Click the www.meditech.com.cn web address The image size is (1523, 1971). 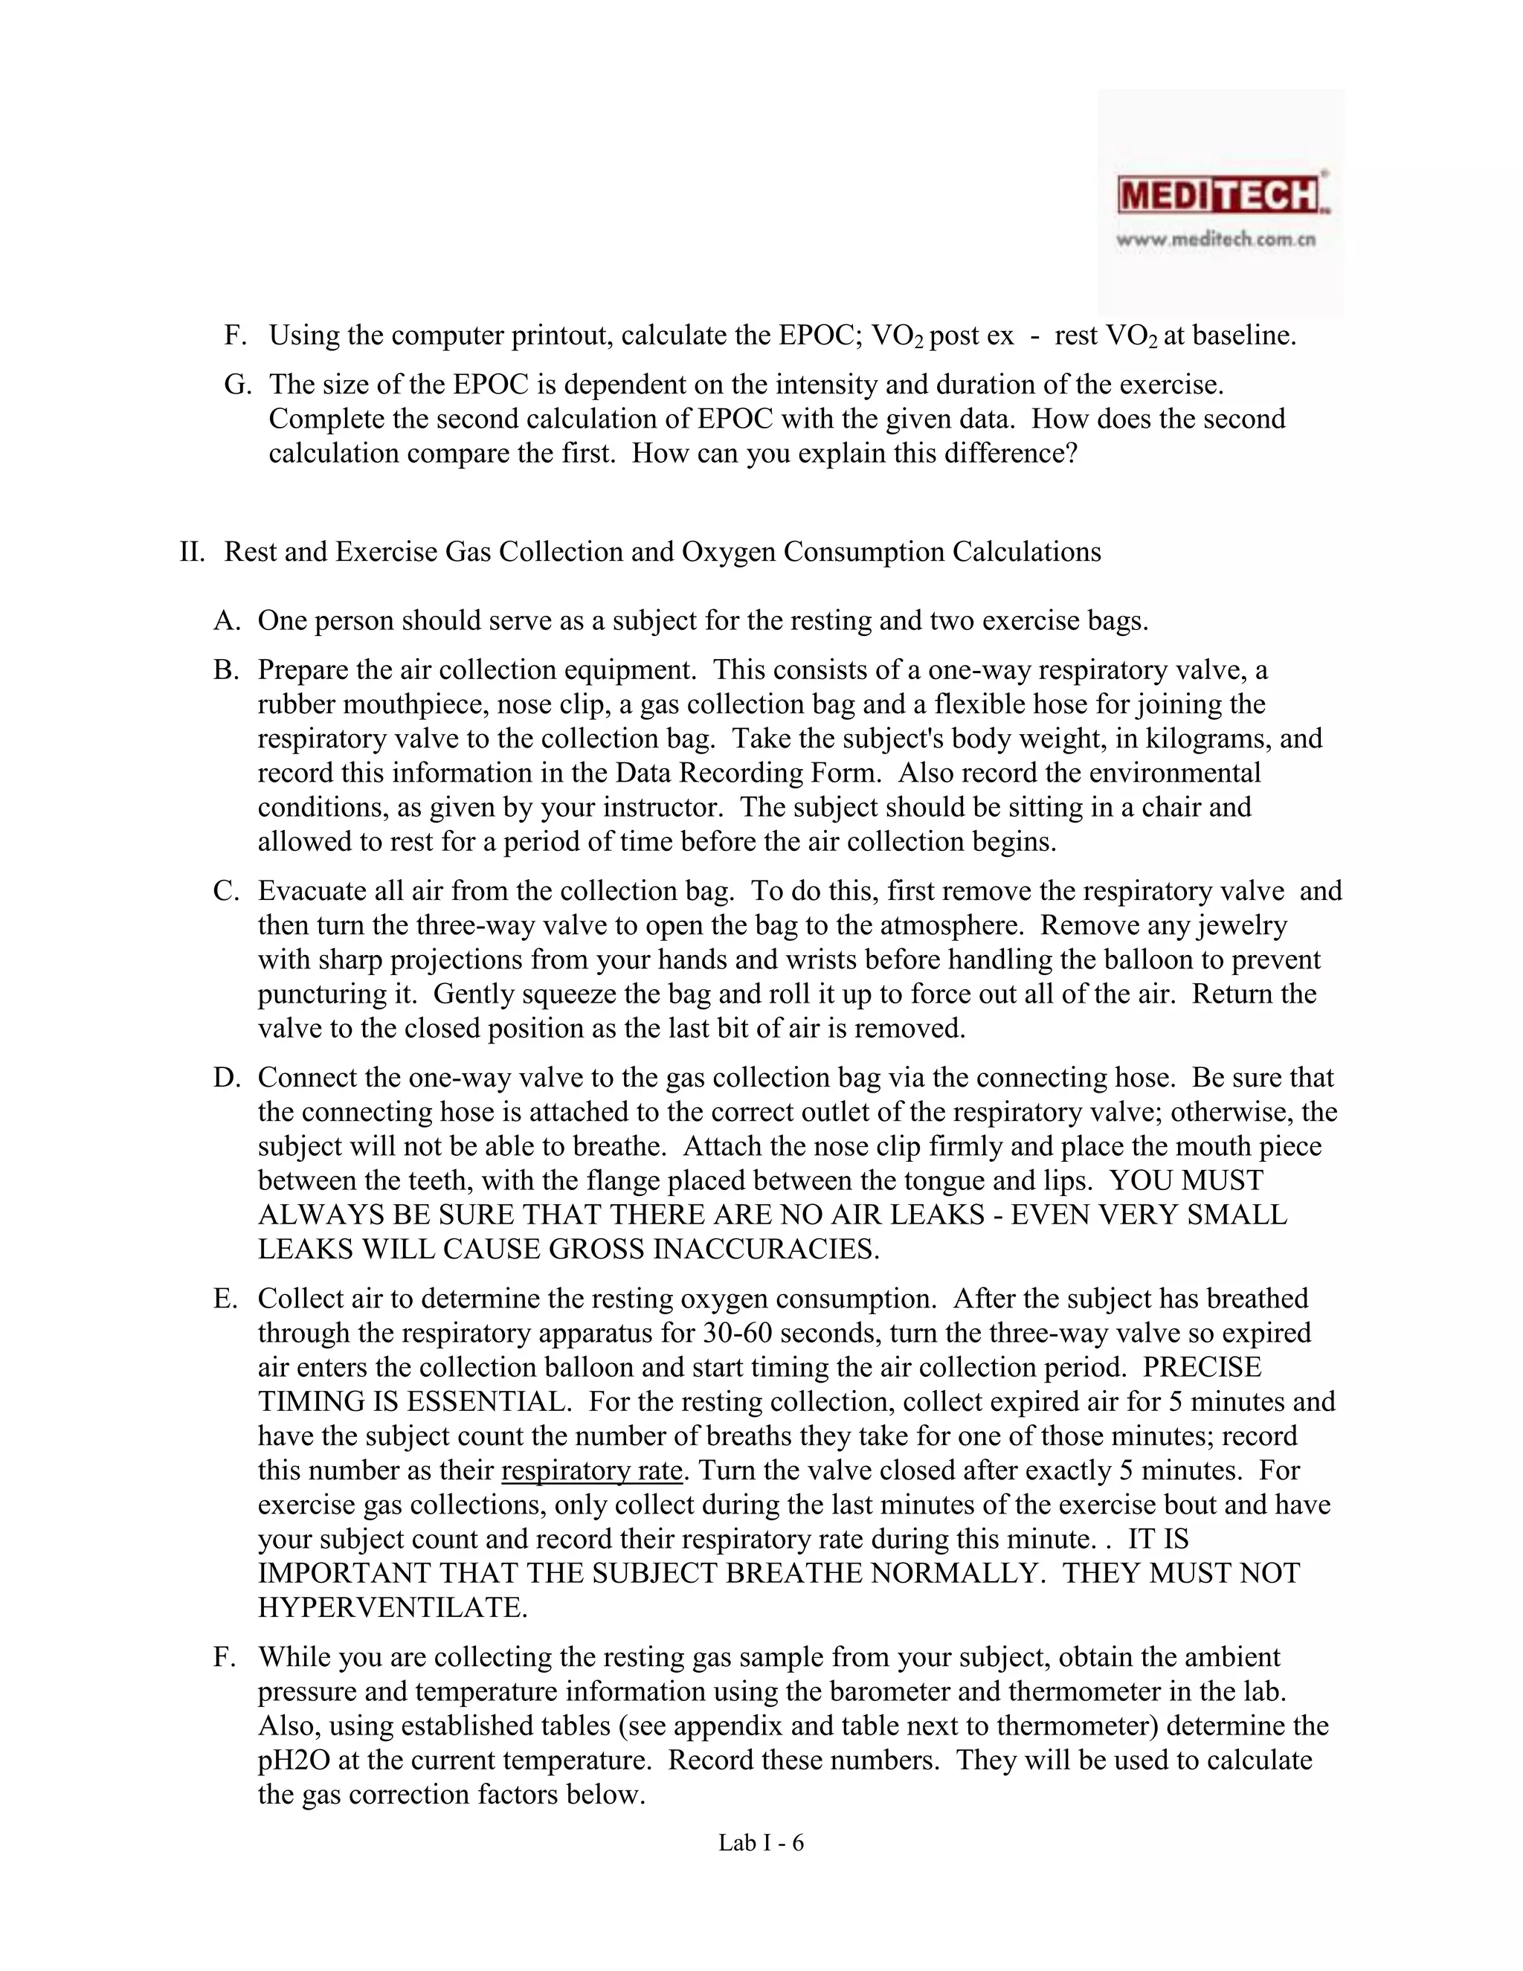click(1215, 240)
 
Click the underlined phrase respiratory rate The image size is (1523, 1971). click(591, 1471)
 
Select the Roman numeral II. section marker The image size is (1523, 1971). click(191, 551)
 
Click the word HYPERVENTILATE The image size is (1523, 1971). click(392, 1608)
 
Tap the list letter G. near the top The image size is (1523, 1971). click(237, 385)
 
